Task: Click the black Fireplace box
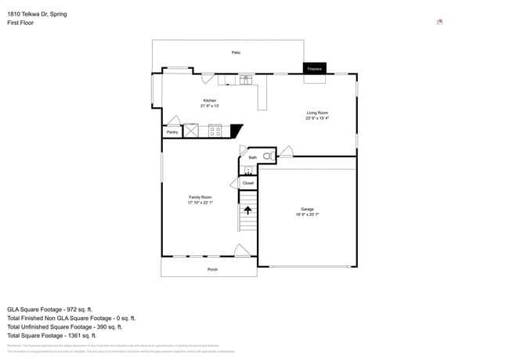[x=315, y=69]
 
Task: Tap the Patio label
[x=236, y=52]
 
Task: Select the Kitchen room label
[x=209, y=100]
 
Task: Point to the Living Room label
[x=316, y=113]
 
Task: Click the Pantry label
[x=172, y=132]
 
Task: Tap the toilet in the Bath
[x=267, y=157]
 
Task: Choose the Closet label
[x=248, y=183]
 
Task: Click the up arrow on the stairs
[x=248, y=209]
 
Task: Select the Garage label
[x=307, y=209]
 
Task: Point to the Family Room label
[x=200, y=197]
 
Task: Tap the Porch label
[x=212, y=269]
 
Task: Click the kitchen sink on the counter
[x=246, y=79]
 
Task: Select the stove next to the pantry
[x=215, y=131]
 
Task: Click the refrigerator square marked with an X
[x=191, y=131]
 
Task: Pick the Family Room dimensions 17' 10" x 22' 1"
[x=200, y=203]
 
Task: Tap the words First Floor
[x=20, y=23]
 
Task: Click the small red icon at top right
[x=439, y=22]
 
